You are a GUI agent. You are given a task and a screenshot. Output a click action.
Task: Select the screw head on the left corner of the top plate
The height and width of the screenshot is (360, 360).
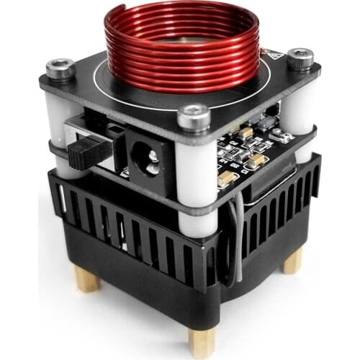(61, 68)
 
